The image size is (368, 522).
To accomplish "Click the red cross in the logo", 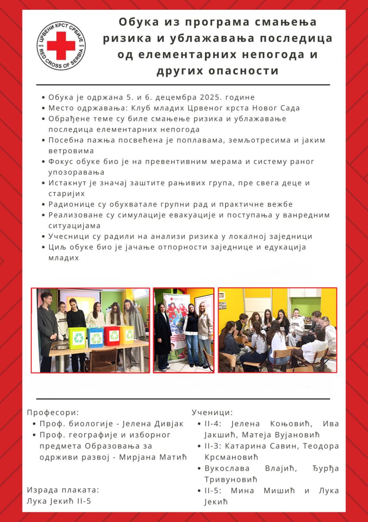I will point(61,45).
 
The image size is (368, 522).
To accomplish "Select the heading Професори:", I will point(53,412).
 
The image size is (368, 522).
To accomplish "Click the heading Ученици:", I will point(212,412).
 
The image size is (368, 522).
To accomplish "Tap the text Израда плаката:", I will point(63,490).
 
